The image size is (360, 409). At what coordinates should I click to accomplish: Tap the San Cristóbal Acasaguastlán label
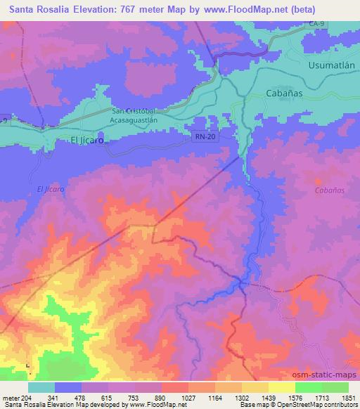(x=143, y=116)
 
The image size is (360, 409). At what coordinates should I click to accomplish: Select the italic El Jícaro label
(x=50, y=190)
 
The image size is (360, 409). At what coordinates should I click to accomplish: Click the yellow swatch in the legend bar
(x=281, y=387)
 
